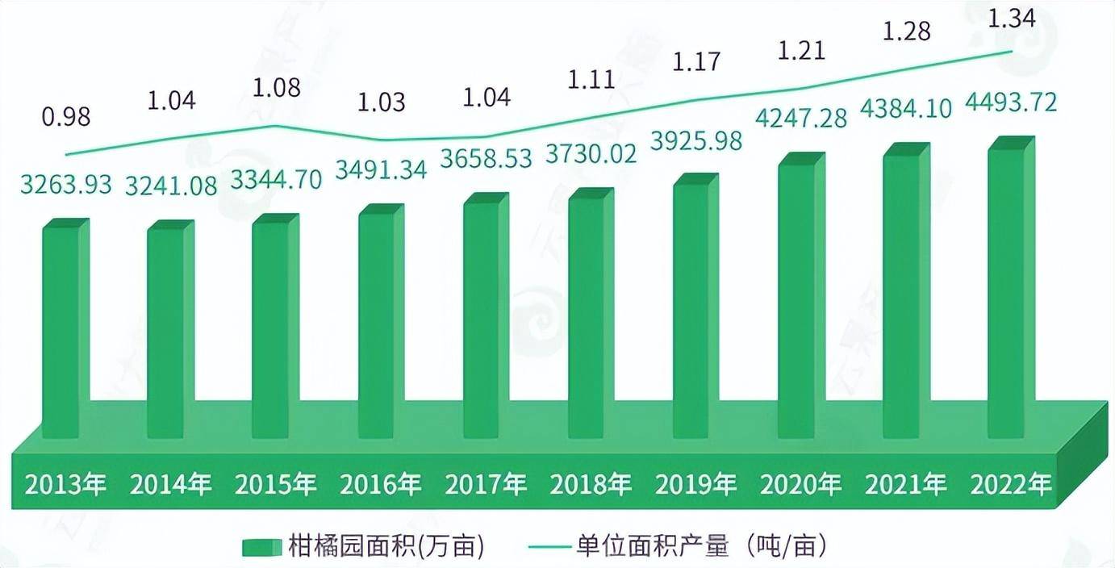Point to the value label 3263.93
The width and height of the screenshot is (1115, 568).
[66, 184]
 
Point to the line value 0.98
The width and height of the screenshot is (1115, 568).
[67, 117]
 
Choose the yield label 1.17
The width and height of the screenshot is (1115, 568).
[695, 61]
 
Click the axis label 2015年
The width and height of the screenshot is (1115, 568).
[275, 485]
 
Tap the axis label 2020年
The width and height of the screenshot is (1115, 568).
[800, 485]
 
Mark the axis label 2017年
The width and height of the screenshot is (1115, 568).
[485, 485]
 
